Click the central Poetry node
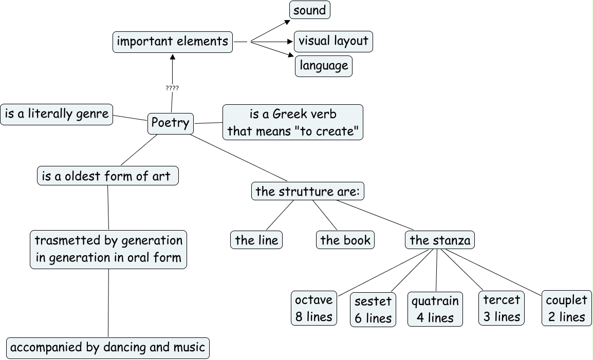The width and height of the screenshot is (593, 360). click(171, 123)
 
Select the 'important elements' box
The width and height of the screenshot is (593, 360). click(173, 42)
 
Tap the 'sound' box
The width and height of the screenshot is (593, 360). click(310, 10)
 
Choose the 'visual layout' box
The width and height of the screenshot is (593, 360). click(333, 41)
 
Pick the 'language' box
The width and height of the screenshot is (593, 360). click(324, 66)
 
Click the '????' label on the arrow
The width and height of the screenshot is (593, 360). click(172, 88)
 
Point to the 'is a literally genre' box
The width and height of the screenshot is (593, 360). click(57, 114)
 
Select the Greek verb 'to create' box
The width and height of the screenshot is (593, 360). click(292, 122)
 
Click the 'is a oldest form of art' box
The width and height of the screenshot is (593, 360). click(108, 176)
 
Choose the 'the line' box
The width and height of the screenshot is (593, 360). click(256, 240)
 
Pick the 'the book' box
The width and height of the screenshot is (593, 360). click(345, 240)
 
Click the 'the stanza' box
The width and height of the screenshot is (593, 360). click(440, 240)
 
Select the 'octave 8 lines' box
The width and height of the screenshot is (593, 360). click(314, 308)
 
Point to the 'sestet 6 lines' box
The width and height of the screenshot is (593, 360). click(373, 310)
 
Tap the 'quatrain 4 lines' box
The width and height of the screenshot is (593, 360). click(435, 309)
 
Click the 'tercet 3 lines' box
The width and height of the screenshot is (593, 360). click(502, 308)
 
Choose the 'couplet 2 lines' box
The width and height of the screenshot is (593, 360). click(566, 308)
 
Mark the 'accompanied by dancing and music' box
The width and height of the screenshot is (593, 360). click(108, 348)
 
